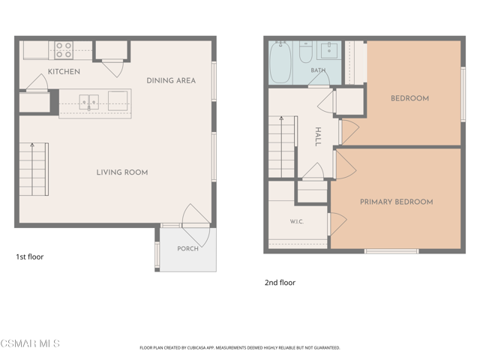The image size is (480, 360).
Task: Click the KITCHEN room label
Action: (x=64, y=72)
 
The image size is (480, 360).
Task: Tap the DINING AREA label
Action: (x=171, y=80)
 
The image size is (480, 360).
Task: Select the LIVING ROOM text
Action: (x=122, y=172)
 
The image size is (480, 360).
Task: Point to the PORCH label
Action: (x=188, y=248)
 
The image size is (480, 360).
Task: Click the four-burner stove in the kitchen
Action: (x=64, y=50)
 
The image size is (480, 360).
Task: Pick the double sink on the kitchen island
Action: (x=88, y=102)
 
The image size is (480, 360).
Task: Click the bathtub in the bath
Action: (x=280, y=62)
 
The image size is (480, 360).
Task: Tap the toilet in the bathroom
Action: (x=305, y=52)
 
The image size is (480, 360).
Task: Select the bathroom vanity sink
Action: (x=329, y=51)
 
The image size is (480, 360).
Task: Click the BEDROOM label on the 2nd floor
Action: (x=410, y=98)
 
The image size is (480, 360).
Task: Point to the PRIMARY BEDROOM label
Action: (x=397, y=202)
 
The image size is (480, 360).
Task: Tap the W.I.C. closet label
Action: (x=297, y=221)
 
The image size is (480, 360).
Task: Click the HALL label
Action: (x=318, y=136)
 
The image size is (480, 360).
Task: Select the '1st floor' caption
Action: (x=30, y=256)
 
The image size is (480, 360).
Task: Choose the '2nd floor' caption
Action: (x=280, y=283)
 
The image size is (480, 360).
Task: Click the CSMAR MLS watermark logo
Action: (x=30, y=343)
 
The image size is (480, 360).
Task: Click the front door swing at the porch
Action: (x=196, y=225)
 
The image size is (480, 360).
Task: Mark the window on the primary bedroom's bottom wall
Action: (x=391, y=251)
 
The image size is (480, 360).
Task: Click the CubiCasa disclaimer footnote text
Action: (x=240, y=348)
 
